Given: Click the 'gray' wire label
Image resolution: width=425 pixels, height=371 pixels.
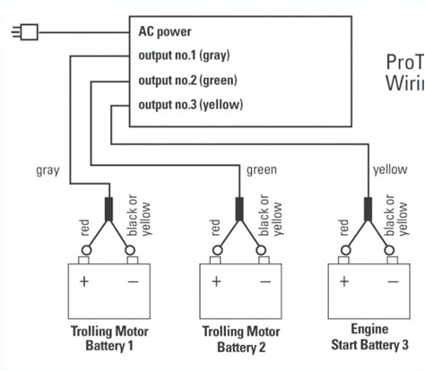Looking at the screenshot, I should click(x=48, y=168).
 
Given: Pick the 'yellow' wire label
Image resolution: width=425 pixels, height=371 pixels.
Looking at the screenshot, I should click(x=390, y=168).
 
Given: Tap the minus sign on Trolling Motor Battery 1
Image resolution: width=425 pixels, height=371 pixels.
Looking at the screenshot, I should click(x=132, y=280).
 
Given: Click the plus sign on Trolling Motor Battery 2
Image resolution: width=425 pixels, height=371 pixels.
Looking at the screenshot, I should click(x=215, y=280).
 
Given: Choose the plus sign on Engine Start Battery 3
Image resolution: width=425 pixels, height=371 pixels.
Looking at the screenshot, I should click(x=343, y=280).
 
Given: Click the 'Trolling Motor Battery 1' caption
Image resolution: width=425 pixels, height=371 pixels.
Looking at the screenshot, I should click(x=109, y=338).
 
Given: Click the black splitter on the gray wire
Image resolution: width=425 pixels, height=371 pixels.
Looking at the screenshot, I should click(x=109, y=208).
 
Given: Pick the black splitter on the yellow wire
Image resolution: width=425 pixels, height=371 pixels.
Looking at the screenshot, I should click(x=366, y=208).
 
